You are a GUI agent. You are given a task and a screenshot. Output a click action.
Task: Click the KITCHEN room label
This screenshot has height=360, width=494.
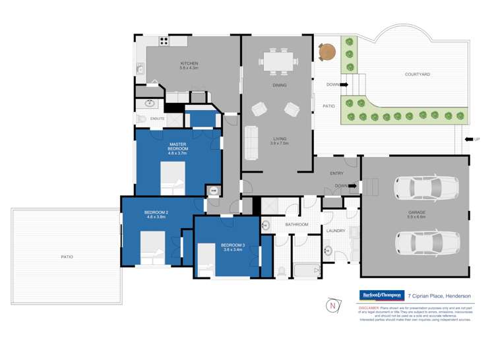point(189,64)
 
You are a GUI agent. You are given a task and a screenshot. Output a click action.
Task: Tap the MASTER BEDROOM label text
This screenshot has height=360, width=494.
point(178,147)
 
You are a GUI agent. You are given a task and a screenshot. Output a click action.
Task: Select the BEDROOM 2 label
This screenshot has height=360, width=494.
point(156,214)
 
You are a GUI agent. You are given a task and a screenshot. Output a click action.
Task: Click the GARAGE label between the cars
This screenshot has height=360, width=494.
point(416,214)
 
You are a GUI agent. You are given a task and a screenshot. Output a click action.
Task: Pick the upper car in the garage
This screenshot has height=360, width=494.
point(420,187)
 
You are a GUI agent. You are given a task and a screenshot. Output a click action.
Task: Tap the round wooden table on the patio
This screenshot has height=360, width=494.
point(326,51)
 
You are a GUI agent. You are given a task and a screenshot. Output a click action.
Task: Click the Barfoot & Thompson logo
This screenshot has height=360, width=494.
point(381,295)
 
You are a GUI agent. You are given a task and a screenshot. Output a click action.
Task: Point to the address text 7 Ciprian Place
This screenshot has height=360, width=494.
point(438,295)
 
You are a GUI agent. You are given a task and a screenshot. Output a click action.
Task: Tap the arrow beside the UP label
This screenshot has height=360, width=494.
point(468,139)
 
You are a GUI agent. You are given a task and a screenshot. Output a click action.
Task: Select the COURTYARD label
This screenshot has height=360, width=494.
point(417,75)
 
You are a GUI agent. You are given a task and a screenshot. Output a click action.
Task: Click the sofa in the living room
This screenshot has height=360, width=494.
point(251,142)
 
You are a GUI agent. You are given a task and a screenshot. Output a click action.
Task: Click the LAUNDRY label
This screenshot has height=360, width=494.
point(336,231)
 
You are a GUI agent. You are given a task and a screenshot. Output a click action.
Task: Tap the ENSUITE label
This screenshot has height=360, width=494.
point(157,119)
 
